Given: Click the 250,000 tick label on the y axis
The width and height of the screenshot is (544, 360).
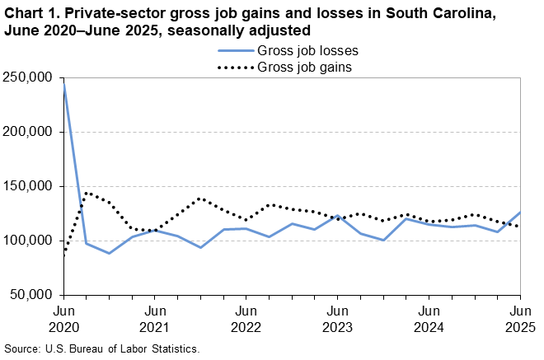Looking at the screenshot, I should tap(28, 77).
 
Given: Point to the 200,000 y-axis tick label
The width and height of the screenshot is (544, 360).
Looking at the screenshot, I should tap(28, 132).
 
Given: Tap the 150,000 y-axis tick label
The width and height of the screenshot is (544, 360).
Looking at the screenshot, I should tap(28, 186).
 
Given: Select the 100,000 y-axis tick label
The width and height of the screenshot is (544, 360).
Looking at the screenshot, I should tap(28, 241).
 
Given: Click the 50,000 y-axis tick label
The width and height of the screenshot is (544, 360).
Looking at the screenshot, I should tap(31, 295).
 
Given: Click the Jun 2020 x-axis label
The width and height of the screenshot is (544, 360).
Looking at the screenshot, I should tap(63, 318).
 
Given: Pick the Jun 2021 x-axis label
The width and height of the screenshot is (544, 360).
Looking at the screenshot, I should tap(155, 318).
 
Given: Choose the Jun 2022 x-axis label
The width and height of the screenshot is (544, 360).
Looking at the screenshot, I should tap(246, 318).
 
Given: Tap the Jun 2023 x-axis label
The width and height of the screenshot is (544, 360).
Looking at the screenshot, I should tap(337, 318).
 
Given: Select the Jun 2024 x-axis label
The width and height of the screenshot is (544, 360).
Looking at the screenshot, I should tap(429, 318).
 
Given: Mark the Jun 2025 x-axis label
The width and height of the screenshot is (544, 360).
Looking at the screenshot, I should tap(519, 318).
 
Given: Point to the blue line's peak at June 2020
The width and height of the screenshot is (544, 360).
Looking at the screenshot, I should tap(64, 83).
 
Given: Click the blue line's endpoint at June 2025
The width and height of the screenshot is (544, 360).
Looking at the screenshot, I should tap(520, 213).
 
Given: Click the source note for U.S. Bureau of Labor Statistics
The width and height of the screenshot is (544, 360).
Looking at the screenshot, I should tap(101, 349).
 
